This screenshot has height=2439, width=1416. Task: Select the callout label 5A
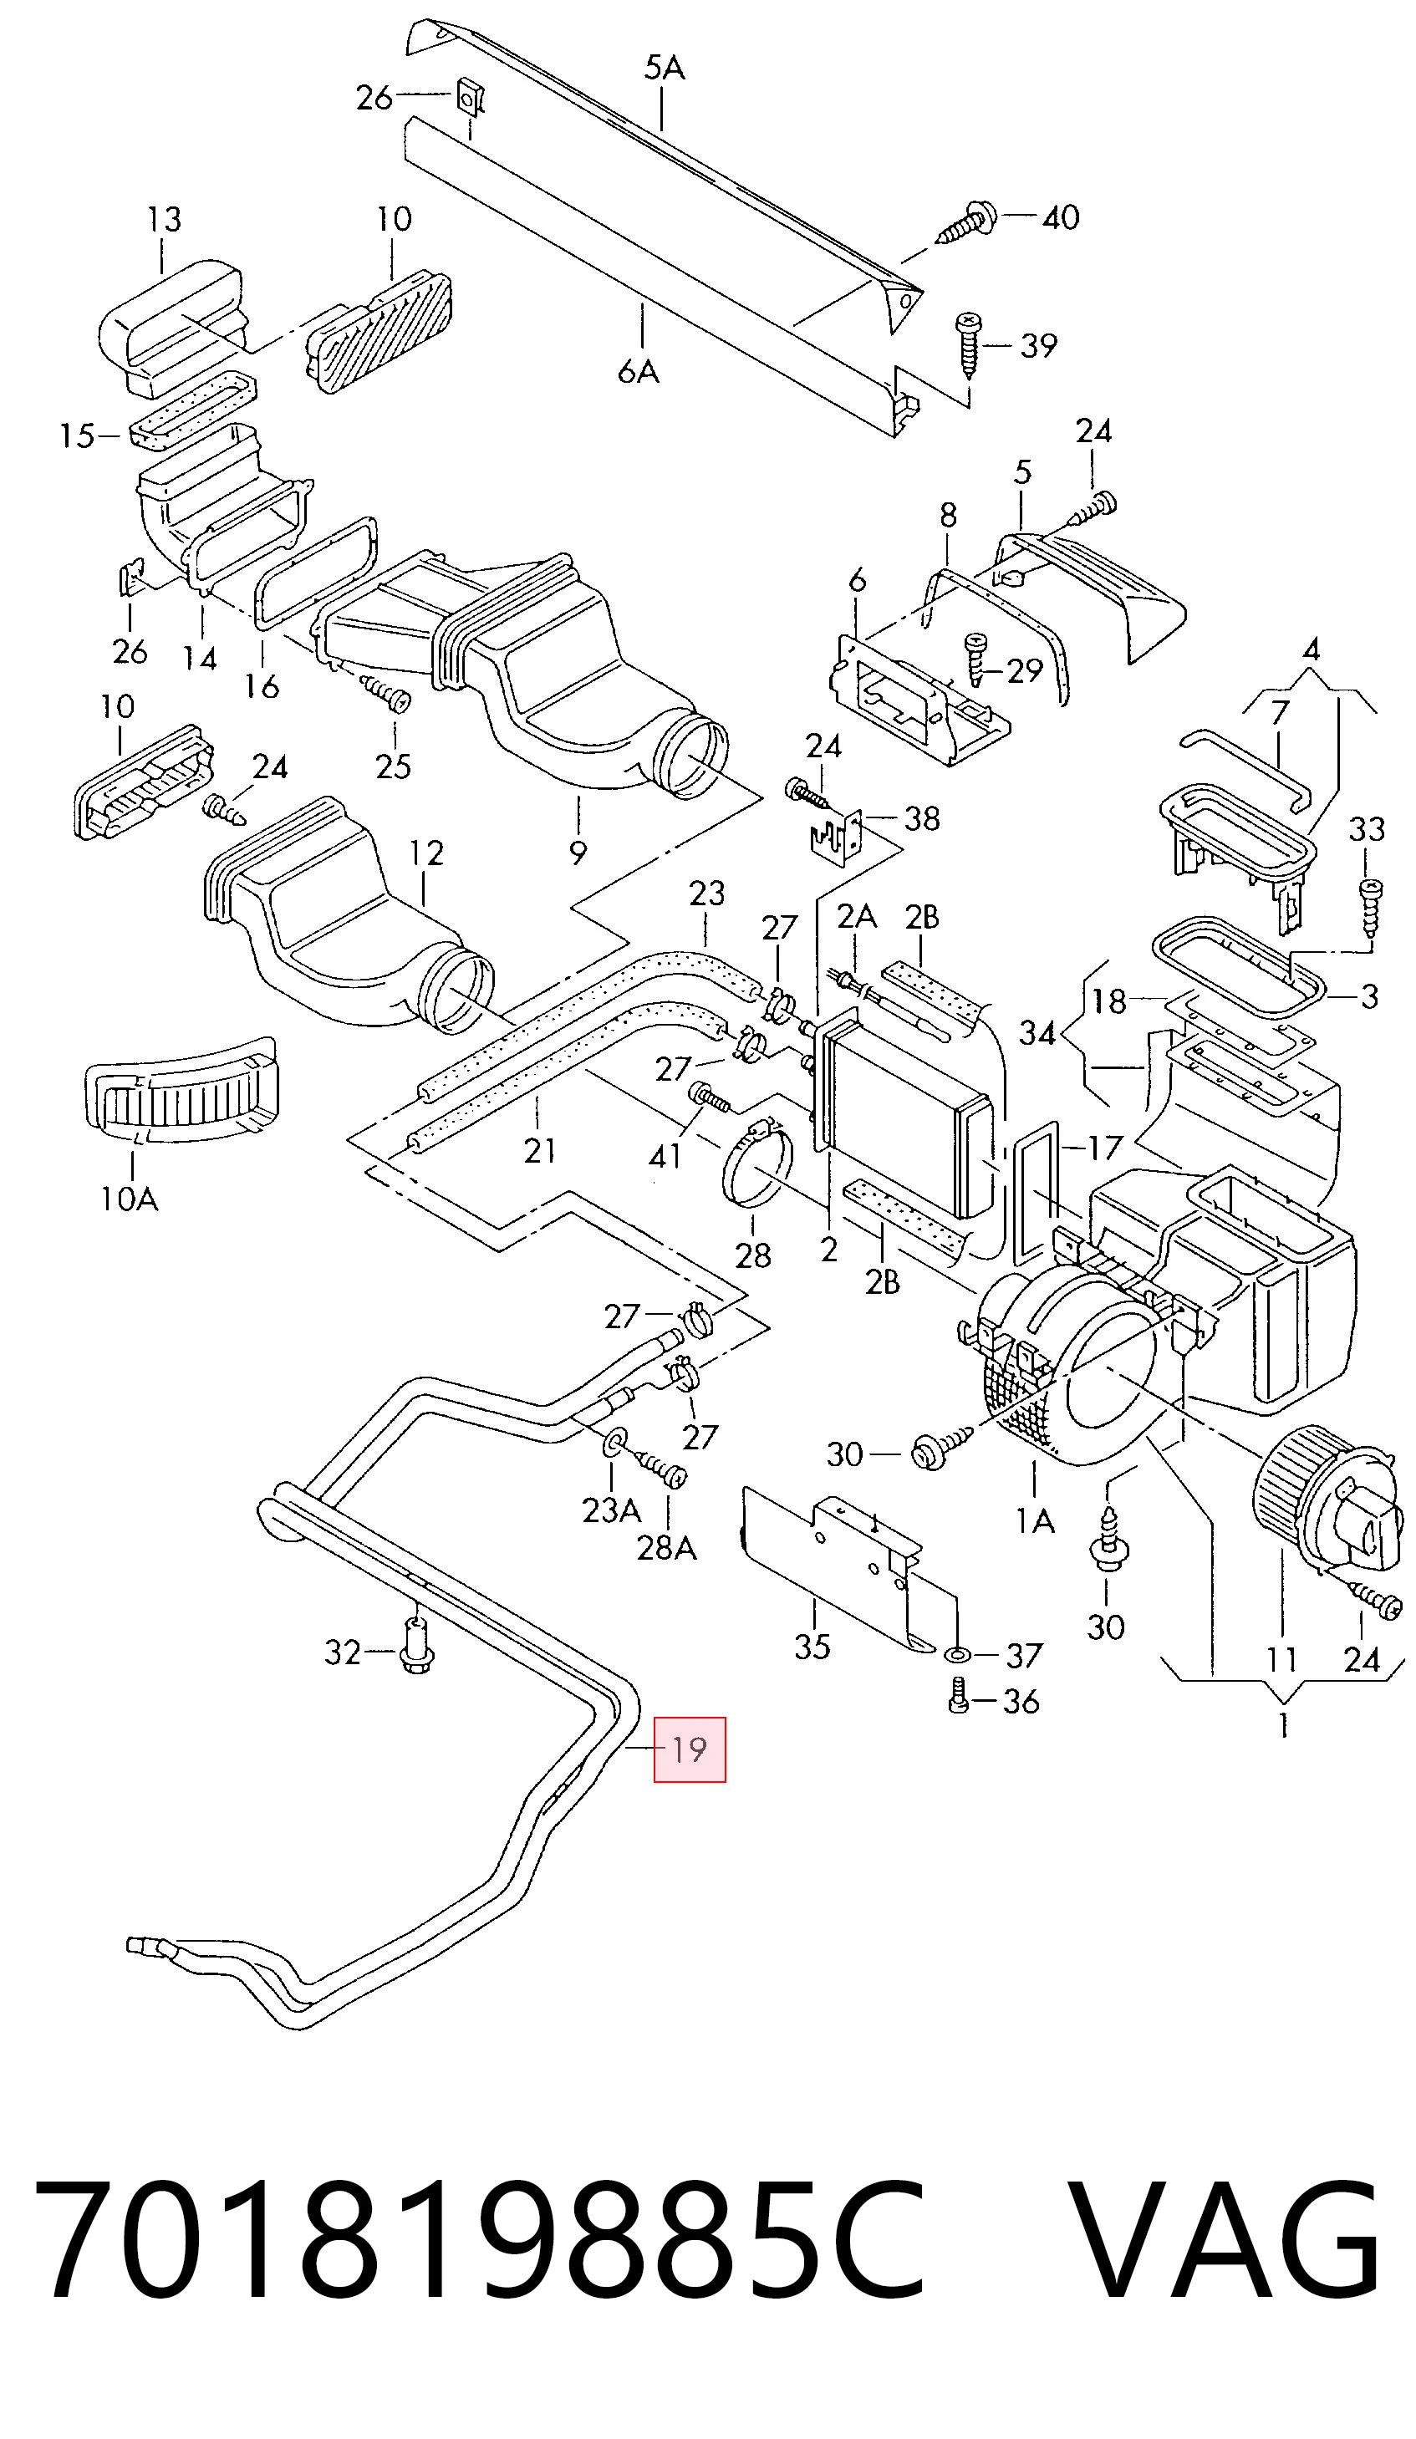(x=664, y=68)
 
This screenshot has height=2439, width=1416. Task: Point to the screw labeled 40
(x=967, y=222)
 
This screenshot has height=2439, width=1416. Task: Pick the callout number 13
(x=165, y=221)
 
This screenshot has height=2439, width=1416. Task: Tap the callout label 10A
(x=129, y=1200)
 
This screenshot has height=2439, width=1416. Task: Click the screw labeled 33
(x=1369, y=906)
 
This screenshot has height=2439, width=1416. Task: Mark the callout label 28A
(x=667, y=1550)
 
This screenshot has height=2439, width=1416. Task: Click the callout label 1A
(x=1035, y=1522)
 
